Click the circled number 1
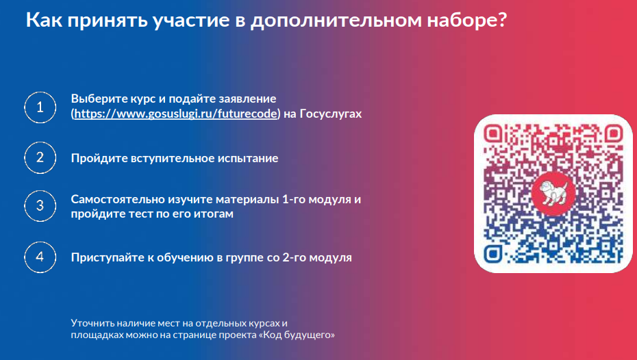(x=40, y=107)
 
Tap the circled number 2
(x=40, y=157)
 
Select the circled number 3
(x=40, y=206)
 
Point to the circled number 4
(x=40, y=257)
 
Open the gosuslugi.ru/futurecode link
(x=175, y=114)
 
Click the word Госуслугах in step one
(x=330, y=114)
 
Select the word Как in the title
(x=45, y=20)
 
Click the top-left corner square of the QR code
(x=492, y=133)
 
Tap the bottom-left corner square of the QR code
(x=492, y=254)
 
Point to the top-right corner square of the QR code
(x=614, y=133)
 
